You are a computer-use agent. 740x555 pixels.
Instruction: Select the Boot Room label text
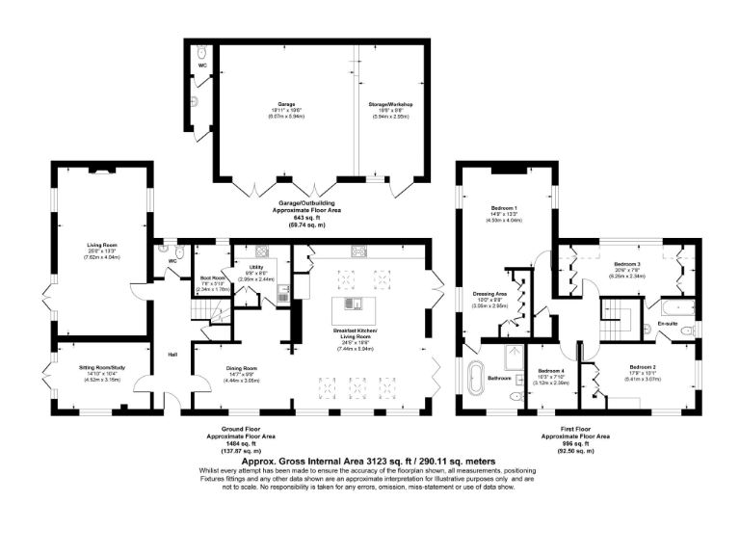[211, 279]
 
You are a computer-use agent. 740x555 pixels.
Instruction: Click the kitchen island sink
[355, 305]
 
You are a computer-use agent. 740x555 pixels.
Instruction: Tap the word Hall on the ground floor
[172, 354]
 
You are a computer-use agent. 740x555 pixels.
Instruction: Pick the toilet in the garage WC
[200, 60]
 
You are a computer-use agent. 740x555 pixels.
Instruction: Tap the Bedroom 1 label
[504, 209]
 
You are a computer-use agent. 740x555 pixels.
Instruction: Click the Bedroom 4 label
[551, 371]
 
